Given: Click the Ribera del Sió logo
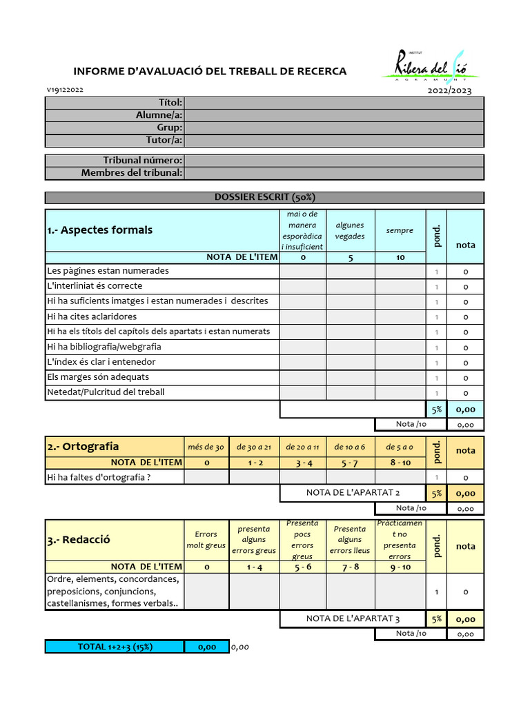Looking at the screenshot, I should point(431,67).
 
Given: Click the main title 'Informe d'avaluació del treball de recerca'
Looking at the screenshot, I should point(210,71).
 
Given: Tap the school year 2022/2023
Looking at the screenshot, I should point(449,90).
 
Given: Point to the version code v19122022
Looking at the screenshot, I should point(66,90).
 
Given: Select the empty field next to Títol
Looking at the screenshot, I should point(334,103).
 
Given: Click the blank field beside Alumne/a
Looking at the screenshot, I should point(334,115).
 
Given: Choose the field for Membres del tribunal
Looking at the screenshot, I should point(334,173).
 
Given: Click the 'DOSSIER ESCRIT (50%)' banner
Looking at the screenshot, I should point(265,197).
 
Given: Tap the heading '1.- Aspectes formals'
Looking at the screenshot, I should point(100,230).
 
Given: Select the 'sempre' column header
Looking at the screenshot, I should point(400,231).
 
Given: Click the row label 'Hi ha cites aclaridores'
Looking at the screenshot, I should point(92,316).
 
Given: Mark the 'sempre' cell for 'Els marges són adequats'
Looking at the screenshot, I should point(400,377).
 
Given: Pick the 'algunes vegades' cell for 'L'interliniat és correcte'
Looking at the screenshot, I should point(350,286).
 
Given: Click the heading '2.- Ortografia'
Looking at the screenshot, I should point(83,447).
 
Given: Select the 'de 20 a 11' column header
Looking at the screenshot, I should point(302,447).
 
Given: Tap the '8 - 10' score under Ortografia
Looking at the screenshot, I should point(400,463).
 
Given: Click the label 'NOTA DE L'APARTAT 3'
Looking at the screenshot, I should point(353,618).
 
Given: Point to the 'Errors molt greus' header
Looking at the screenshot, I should point(206,540).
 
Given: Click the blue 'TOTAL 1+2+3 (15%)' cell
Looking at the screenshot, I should point(115,647).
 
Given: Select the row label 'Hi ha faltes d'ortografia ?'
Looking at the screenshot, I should point(98,476).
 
